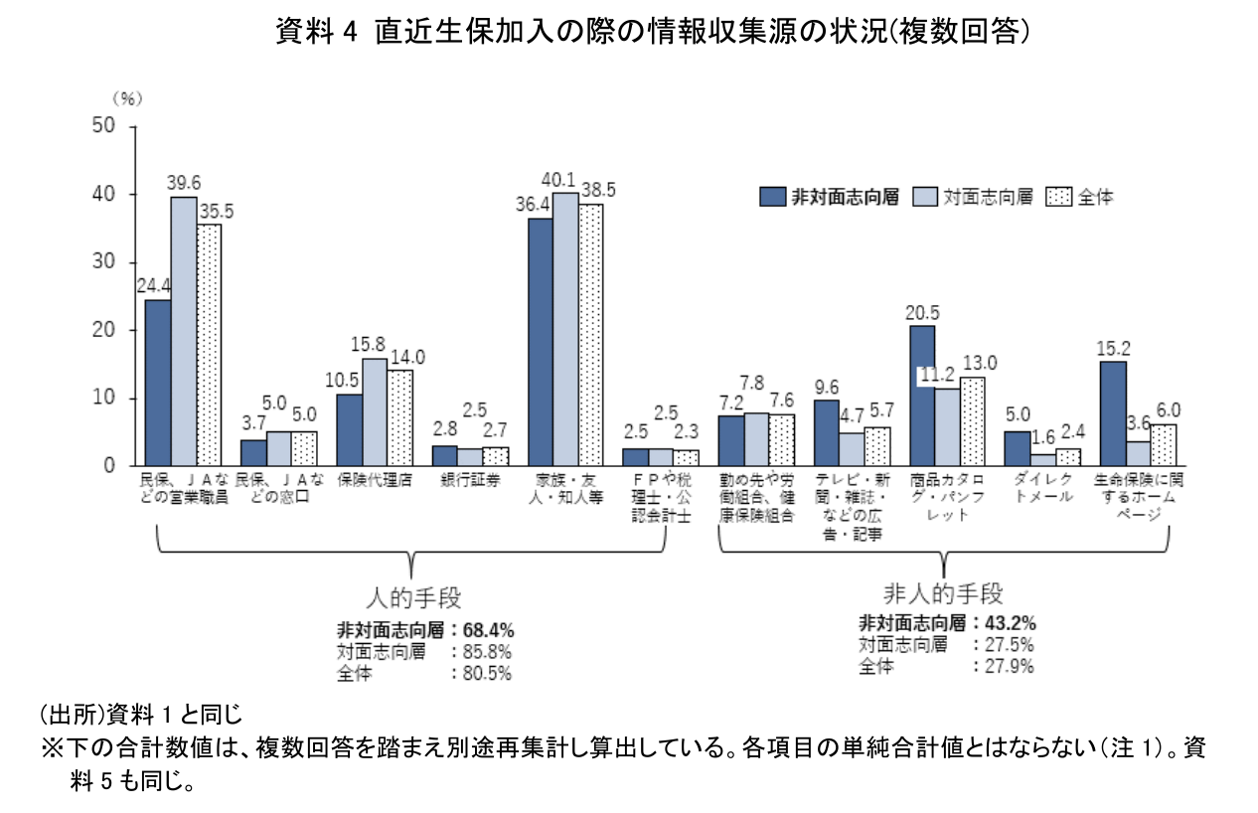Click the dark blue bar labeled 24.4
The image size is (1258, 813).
pos(158,383)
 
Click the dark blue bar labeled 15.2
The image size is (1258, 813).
pos(1113,413)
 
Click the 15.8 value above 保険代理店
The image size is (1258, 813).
pos(374,343)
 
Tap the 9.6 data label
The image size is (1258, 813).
pos(826,386)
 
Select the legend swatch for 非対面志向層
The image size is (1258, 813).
pos(772,197)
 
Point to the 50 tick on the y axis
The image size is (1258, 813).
pos(104,126)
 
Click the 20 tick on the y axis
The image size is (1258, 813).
pos(104,330)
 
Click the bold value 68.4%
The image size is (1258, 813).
pos(489,629)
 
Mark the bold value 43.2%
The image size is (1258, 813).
pos(1010,623)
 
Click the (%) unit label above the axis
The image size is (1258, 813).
pos(126,97)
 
